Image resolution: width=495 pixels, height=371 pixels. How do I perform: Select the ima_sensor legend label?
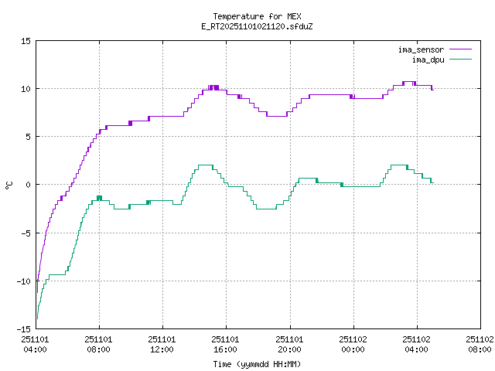(421, 50)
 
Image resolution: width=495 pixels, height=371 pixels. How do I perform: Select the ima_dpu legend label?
(430, 60)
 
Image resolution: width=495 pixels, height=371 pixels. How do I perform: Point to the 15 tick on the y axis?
(26, 41)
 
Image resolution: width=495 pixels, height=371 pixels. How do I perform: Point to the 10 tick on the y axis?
(26, 89)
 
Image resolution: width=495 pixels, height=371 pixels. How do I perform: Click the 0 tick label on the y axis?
(29, 185)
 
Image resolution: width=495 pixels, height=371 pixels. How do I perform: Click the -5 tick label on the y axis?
(26, 233)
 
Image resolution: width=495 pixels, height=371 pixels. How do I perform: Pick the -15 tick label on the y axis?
(24, 328)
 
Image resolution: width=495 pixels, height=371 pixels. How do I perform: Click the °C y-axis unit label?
(9, 185)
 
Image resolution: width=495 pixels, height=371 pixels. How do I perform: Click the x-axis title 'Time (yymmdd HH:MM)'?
(256, 364)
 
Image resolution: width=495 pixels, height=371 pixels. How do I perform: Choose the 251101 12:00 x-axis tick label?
(162, 344)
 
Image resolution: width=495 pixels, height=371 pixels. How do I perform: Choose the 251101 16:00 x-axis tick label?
(226, 344)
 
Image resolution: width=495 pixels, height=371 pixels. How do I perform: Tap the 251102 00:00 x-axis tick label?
(353, 344)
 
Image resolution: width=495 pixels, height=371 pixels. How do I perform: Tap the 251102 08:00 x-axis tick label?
(480, 344)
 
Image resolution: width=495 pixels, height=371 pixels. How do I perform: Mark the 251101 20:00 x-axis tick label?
(289, 344)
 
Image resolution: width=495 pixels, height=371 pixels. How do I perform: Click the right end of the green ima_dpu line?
(432, 182)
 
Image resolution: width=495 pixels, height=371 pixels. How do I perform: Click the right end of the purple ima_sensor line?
(432, 90)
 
